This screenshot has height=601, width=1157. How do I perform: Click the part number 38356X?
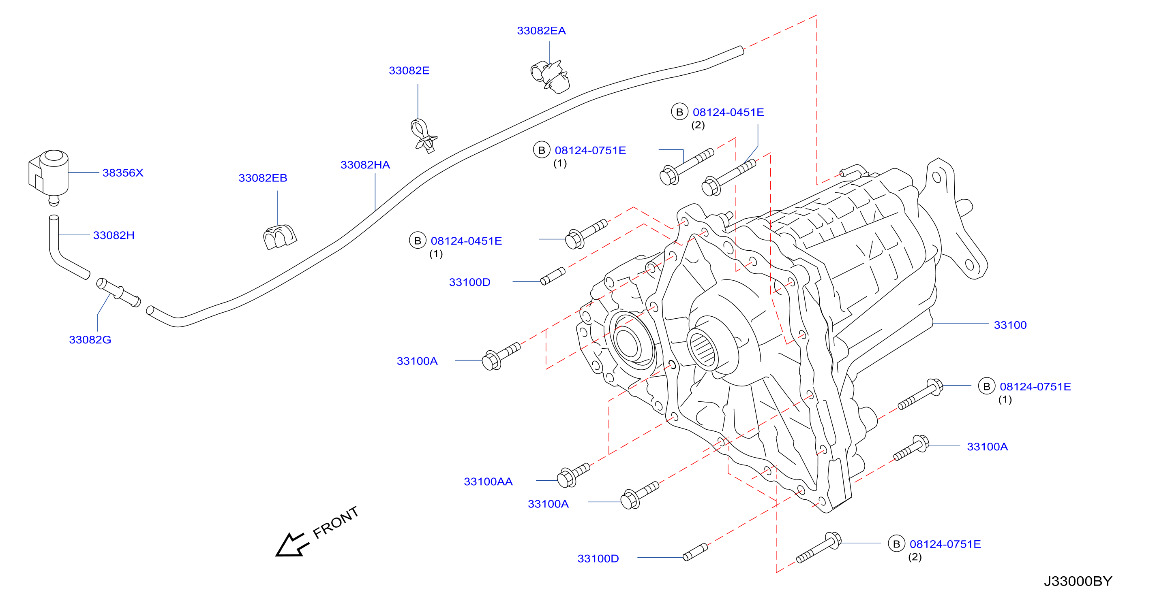tap(122, 173)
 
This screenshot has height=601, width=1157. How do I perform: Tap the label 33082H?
tap(114, 235)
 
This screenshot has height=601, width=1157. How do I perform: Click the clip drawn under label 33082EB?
tap(279, 237)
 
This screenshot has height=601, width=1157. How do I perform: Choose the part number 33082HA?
tap(365, 165)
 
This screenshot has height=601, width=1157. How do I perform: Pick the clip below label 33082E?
tap(423, 136)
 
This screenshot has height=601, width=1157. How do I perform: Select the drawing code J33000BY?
tap(1078, 581)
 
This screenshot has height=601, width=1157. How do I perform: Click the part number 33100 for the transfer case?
tap(1010, 325)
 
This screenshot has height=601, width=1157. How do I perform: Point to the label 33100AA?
tap(488, 482)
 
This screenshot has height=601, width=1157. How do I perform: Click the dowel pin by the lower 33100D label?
tap(695, 552)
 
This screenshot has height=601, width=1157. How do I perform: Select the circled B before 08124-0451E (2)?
tap(679, 112)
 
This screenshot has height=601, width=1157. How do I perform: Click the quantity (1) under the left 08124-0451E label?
tap(436, 254)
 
